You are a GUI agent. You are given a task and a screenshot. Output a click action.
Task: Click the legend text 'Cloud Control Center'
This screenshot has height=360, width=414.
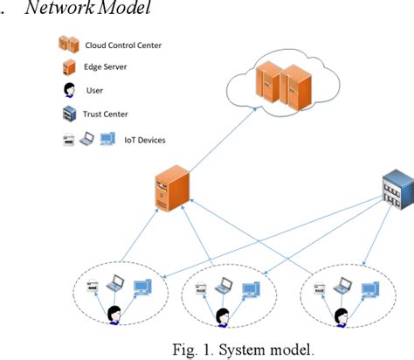point(123,45)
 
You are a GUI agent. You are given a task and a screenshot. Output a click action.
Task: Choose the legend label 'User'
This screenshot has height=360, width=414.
point(94,90)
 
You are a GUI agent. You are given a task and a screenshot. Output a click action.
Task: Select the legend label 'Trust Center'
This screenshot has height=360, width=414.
point(108,113)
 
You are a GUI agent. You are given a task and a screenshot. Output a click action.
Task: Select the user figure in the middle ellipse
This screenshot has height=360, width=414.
point(222,314)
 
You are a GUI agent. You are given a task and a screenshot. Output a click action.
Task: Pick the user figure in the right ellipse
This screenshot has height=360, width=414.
point(338,314)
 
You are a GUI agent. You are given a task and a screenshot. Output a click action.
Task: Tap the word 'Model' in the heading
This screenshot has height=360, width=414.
point(132,9)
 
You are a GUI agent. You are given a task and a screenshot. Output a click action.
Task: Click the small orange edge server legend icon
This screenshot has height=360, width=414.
point(67,67)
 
